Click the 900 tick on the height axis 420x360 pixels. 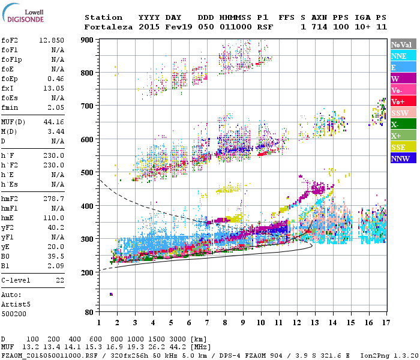coord(88,40)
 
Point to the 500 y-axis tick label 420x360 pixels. coord(88,172)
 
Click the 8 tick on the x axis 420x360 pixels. coord(224,322)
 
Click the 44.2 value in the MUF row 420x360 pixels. coord(182,347)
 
